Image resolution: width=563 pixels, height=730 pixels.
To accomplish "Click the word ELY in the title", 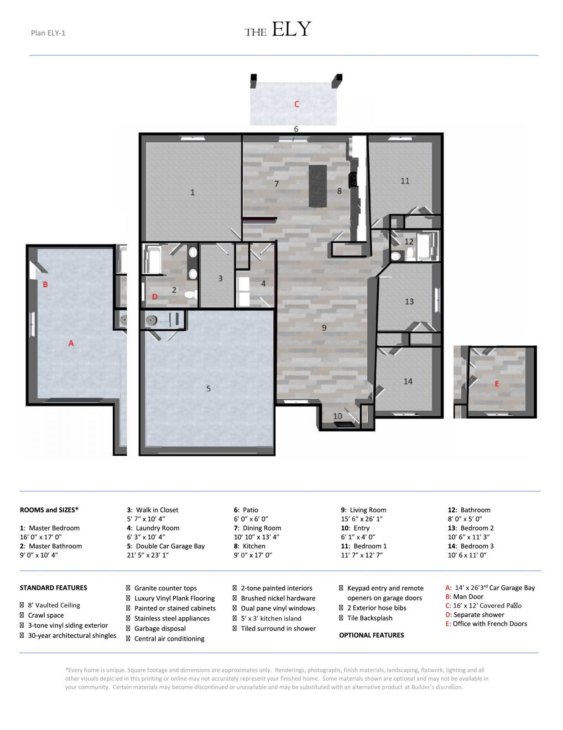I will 291,30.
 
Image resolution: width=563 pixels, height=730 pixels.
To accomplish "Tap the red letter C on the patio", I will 297,104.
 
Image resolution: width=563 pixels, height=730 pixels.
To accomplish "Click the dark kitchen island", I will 318,186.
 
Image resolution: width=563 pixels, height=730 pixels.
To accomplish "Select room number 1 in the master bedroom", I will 192,193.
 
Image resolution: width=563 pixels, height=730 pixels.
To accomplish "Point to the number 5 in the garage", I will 209,389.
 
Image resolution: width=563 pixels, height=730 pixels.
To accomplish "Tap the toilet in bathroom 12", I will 410,254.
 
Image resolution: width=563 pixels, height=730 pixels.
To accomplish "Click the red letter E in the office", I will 497,384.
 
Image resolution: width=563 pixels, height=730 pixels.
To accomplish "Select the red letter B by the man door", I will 45,284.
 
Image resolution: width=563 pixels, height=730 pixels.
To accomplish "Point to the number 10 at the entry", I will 338,416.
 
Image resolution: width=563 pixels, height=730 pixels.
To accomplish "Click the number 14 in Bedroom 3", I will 408,381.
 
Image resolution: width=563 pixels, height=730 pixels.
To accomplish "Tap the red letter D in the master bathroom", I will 155,297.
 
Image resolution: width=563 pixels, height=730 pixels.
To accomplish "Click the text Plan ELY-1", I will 48,33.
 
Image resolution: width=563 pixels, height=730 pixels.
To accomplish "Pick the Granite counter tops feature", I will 165,588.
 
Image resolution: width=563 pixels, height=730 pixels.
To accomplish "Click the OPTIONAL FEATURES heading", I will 371,635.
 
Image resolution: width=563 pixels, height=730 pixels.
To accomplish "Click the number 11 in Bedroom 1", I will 405,181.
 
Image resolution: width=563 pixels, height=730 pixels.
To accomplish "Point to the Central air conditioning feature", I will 169,639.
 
